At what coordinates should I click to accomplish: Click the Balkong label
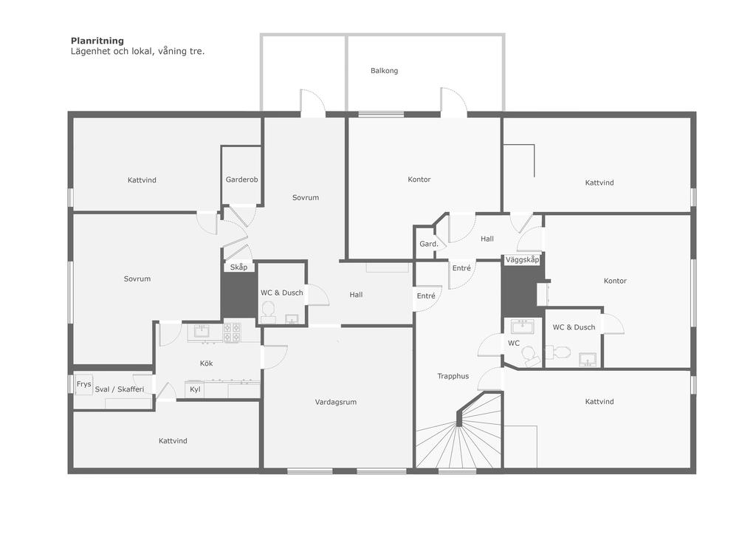(384, 70)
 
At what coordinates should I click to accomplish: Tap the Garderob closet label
(241, 180)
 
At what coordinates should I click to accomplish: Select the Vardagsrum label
(336, 402)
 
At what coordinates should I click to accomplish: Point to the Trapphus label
(453, 376)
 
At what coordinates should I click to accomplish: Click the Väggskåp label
(522, 259)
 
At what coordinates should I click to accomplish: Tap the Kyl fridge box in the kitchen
(195, 389)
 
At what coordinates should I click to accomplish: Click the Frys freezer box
(84, 384)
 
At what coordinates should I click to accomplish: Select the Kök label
(207, 363)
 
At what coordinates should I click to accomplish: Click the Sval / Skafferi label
(120, 389)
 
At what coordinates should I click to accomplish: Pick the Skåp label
(238, 267)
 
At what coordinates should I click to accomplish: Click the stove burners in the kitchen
(232, 332)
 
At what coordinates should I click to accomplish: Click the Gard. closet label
(429, 244)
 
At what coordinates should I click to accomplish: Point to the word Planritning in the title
(97, 41)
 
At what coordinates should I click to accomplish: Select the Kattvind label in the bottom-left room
(173, 440)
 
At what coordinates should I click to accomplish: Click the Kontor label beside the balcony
(419, 179)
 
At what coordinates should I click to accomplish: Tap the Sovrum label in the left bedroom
(137, 279)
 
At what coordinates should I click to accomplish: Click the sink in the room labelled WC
(522, 327)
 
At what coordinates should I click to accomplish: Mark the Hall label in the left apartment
(356, 295)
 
